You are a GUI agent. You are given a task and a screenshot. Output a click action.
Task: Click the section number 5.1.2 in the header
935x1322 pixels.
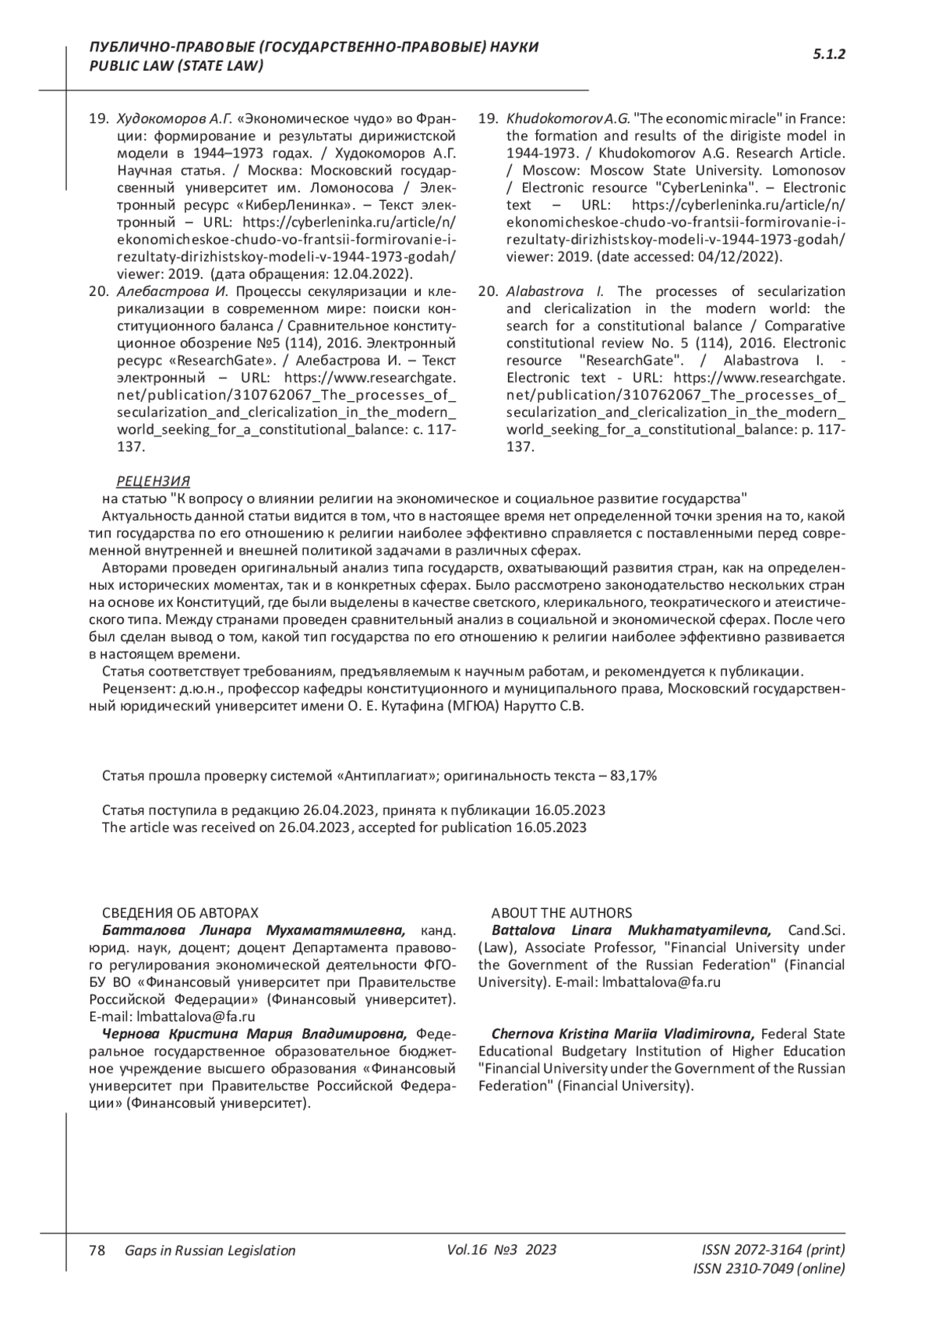point(829,55)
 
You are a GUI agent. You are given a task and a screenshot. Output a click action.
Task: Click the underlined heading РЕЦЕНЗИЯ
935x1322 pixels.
point(153,481)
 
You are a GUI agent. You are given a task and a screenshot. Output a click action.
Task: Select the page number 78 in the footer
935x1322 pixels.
point(97,1250)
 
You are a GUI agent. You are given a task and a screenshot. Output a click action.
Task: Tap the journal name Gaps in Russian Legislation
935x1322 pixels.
point(210,1250)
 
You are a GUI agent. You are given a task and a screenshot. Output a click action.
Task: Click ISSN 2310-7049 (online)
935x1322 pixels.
point(768,1268)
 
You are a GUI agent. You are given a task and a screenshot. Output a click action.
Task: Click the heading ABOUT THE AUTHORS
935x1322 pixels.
point(562,913)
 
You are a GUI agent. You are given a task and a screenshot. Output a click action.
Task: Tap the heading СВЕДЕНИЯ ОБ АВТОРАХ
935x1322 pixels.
point(180,913)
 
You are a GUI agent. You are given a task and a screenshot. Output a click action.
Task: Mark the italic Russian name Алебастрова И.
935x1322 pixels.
point(171,291)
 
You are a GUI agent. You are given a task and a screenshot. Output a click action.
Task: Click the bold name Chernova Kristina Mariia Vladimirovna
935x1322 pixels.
point(623,1034)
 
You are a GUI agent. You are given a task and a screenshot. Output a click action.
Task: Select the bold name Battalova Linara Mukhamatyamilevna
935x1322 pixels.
point(631,930)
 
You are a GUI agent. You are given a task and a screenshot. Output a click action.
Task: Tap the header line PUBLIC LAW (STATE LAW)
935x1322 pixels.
point(177,66)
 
